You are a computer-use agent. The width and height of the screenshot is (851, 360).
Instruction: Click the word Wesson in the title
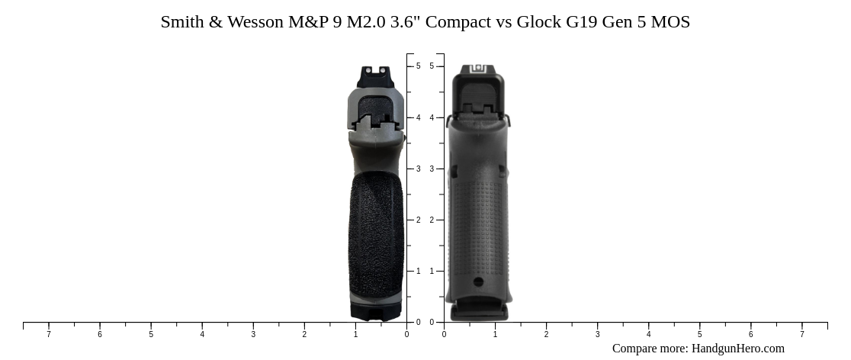pyautogui.click(x=255, y=22)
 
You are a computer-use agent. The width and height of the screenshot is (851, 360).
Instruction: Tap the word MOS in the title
pyautogui.click(x=671, y=22)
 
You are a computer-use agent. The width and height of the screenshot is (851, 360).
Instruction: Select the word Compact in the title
pyautogui.click(x=458, y=22)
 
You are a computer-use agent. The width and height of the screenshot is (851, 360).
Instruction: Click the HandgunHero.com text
pyautogui.click(x=737, y=349)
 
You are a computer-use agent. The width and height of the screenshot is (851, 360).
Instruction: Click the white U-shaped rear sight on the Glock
pyautogui.click(x=478, y=69)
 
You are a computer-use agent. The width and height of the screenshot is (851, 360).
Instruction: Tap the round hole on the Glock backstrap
pyautogui.click(x=478, y=282)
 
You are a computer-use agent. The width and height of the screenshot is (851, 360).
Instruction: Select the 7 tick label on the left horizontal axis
pyautogui.click(x=49, y=334)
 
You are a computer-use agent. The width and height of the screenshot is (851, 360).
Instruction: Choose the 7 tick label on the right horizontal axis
pyautogui.click(x=801, y=334)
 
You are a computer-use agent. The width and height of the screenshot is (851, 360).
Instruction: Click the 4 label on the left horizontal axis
pyautogui.click(x=202, y=334)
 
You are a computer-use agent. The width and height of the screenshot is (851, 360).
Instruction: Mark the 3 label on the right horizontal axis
pyautogui.click(x=597, y=334)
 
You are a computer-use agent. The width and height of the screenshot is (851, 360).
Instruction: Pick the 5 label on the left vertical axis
pyautogui.click(x=418, y=66)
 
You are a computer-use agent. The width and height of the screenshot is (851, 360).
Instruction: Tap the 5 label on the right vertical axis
pyautogui.click(x=432, y=66)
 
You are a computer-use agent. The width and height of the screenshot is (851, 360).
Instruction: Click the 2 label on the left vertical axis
pyautogui.click(x=418, y=220)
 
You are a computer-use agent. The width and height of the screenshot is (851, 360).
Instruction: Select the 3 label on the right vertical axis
pyautogui.click(x=432, y=169)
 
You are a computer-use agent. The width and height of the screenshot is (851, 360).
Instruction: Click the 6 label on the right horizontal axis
pyautogui.click(x=750, y=334)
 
